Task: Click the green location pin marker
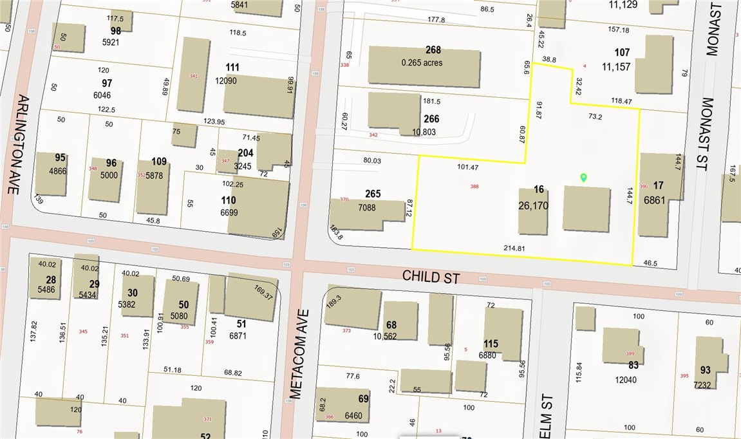[584, 178]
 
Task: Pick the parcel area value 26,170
[533, 205]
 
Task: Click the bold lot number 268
[433, 51]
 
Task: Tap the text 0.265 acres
[422, 62]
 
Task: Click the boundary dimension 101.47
[468, 167]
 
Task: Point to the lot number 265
[373, 194]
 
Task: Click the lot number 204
[245, 154]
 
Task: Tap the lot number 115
[491, 344]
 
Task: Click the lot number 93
[705, 370]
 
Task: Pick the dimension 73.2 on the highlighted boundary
[595, 117]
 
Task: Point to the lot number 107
[622, 53]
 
